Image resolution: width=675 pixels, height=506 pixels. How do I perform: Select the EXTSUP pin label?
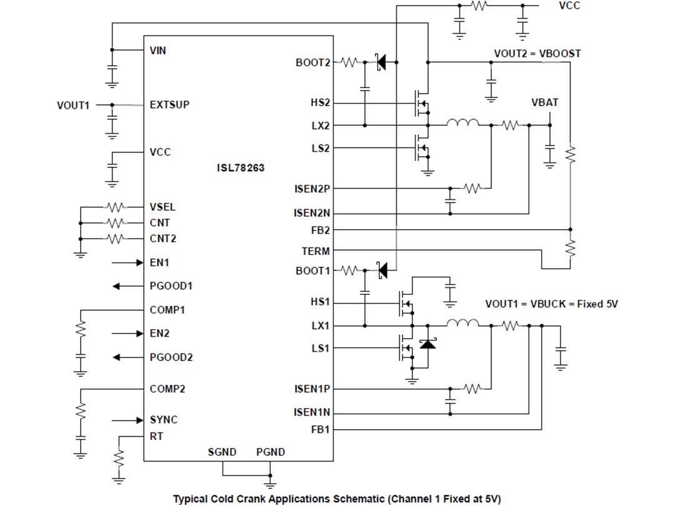[x=169, y=105]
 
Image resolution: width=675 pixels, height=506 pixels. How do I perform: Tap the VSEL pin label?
[x=162, y=207]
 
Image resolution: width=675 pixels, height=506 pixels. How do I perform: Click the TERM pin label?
[x=316, y=251]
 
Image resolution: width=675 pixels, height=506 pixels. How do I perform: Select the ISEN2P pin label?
[x=312, y=188]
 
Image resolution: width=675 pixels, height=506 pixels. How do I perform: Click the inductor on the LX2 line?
[x=462, y=124]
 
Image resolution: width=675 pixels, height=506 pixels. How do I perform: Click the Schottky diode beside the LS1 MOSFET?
[x=427, y=344]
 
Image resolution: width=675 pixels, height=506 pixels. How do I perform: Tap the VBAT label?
[x=544, y=102]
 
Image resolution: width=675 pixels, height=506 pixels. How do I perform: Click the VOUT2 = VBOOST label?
[x=537, y=54]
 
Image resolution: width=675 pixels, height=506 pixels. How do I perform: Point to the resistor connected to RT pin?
[x=119, y=460]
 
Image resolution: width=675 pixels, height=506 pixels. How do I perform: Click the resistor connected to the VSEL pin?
[x=116, y=207]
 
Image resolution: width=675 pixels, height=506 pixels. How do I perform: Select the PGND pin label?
[x=270, y=452]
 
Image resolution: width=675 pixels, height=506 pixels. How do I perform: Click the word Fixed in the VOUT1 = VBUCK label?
[x=591, y=304]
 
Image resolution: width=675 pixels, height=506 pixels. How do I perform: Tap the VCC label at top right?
[x=570, y=6]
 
